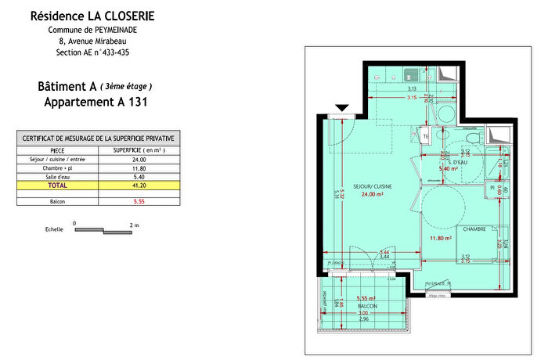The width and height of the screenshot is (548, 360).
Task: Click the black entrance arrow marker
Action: (341, 108)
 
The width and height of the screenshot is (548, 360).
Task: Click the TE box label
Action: (426, 135)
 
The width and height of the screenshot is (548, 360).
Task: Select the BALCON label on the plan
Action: (367, 306)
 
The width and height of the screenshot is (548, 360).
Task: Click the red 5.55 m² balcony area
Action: (365, 298)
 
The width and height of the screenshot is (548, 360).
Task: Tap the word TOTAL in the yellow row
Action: (58, 185)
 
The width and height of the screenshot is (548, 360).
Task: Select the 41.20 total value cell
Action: (139, 185)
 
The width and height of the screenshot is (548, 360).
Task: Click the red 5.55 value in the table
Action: (139, 201)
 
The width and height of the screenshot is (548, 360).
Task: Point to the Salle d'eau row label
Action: (58, 177)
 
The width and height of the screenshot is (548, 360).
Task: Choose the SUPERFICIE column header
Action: (139, 149)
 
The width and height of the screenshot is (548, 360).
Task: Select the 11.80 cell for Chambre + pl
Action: (139, 167)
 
